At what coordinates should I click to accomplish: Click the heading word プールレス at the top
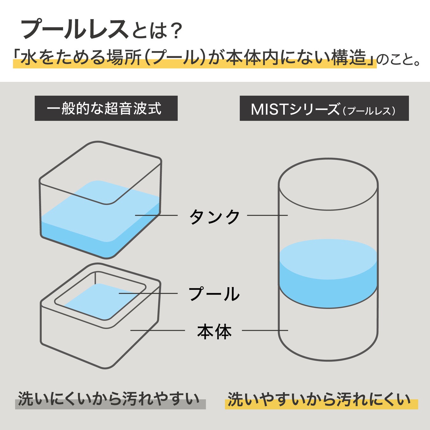[x=75, y=29]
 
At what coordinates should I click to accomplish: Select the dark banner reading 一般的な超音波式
[x=106, y=108]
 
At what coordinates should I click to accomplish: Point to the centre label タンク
[x=214, y=217]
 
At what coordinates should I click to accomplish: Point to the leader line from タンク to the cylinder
[x=267, y=215]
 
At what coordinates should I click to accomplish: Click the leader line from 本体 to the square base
[x=158, y=330]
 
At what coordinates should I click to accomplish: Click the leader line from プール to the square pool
[x=148, y=293]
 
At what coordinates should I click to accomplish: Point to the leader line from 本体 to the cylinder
[x=265, y=330]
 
